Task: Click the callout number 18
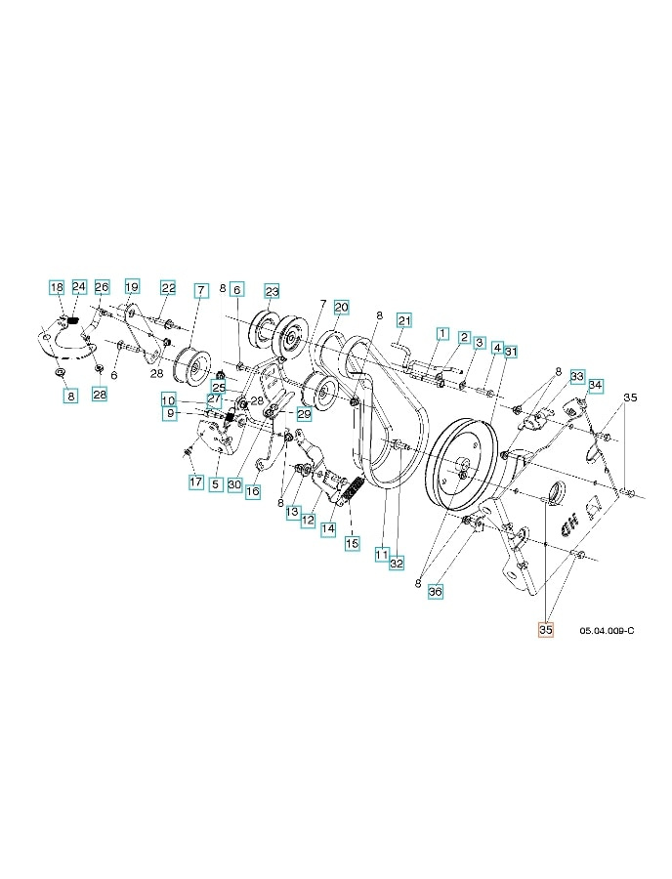(57, 287)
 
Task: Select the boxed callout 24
(79, 287)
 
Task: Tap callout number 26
(102, 287)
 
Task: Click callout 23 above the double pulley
(272, 291)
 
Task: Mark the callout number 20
(340, 307)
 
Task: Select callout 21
(404, 320)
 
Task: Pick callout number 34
(595, 385)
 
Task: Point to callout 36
(436, 591)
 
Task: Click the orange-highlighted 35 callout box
(545, 631)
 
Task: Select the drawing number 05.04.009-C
(607, 631)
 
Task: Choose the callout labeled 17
(195, 481)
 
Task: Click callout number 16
(252, 491)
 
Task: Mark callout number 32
(397, 563)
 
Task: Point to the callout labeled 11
(381, 554)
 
